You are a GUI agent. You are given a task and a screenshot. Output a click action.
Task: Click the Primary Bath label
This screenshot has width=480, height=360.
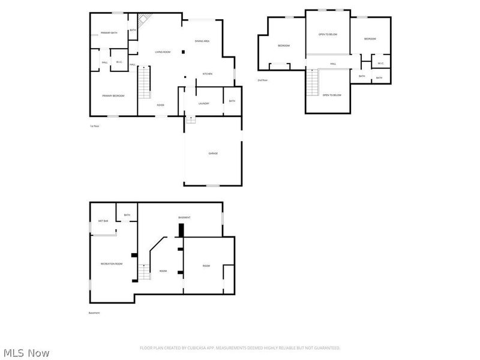click(109, 33)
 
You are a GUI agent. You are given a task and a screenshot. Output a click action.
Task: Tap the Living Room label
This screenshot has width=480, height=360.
click(163, 52)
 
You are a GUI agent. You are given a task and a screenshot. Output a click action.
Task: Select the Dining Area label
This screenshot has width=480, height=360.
click(202, 41)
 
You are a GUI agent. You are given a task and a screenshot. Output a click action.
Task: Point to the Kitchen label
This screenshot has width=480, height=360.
click(207, 74)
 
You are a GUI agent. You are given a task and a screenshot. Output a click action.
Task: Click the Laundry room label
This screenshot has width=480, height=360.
click(203, 103)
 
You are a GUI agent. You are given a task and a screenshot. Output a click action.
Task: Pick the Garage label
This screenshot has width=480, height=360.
click(213, 154)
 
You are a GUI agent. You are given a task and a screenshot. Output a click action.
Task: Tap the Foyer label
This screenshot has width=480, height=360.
click(161, 105)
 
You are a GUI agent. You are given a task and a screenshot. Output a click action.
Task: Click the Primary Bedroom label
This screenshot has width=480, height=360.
click(113, 95)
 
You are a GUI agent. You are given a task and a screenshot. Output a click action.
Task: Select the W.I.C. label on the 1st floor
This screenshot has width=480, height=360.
click(119, 62)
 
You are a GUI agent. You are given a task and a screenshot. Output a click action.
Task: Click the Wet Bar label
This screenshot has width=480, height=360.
click(103, 221)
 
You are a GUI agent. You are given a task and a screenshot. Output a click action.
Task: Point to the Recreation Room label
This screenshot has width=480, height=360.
click(112, 264)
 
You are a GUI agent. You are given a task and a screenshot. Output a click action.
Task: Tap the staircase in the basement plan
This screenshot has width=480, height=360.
click(144, 272)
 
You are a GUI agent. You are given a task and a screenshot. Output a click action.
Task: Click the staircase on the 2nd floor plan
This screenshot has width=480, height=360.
click(312, 83)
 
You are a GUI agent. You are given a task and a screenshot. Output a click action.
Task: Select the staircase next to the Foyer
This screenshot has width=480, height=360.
click(143, 83)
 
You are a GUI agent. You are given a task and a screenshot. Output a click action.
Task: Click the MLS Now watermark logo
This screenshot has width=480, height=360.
click(26, 353)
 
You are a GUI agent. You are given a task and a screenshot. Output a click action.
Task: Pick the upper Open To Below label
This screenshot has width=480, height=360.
click(328, 34)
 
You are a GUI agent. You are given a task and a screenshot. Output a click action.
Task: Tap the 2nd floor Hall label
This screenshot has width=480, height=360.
click(333, 64)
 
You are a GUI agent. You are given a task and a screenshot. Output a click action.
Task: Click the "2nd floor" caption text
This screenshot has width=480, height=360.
click(262, 80)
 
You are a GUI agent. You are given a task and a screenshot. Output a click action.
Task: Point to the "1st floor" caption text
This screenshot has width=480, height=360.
click(94, 126)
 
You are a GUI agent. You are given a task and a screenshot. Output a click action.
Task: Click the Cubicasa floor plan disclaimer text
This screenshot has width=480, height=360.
click(240, 347)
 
